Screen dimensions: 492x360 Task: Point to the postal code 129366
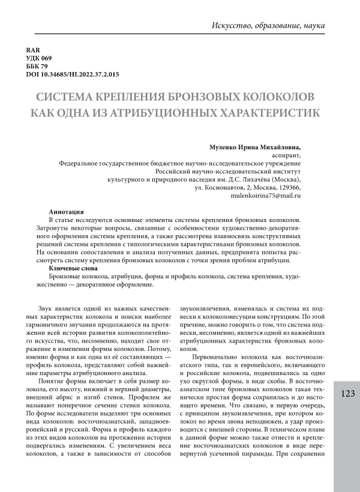pyautogui.click(x=287, y=187)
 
